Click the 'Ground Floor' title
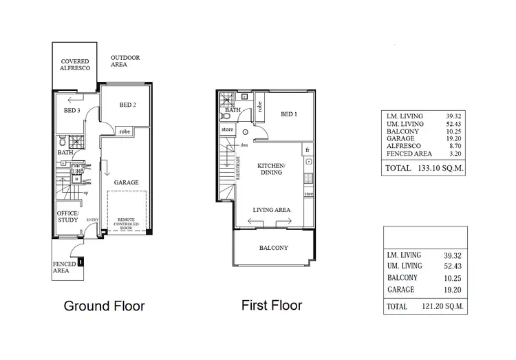coord(105,306)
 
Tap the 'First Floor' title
coord(272,305)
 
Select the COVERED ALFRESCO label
coord(75,65)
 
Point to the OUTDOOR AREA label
coord(125,61)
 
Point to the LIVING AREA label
coord(272,210)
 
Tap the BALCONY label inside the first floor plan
coord(273,248)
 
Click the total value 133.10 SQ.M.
coord(431,167)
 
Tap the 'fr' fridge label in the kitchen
coord(308,149)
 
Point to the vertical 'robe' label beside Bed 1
coord(259,107)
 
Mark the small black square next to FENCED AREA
coord(80,262)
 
